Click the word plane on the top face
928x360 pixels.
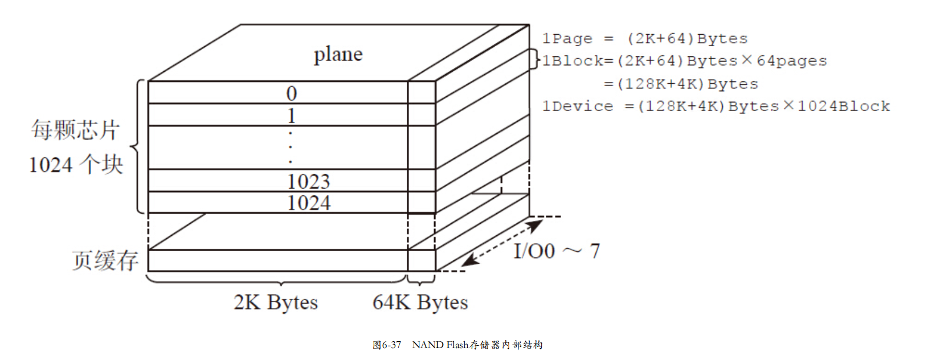click(x=338, y=54)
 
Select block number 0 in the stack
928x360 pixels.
click(x=291, y=93)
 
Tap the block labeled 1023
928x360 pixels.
click(x=308, y=181)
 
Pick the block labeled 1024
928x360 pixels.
click(x=308, y=203)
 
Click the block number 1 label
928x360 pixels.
click(x=291, y=116)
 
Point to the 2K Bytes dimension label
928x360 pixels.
click(x=276, y=302)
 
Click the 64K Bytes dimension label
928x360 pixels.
click(x=420, y=302)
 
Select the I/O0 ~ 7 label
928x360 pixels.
click(x=556, y=251)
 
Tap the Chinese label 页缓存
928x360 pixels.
click(x=105, y=260)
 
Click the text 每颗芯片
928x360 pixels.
click(x=75, y=130)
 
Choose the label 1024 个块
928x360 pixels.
click(x=76, y=165)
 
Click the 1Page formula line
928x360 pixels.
click(x=644, y=39)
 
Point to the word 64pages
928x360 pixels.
click(x=791, y=61)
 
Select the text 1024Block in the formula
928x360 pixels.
click(x=843, y=107)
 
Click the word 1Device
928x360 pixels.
click(x=577, y=107)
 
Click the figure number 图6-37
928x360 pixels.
click(x=387, y=345)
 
